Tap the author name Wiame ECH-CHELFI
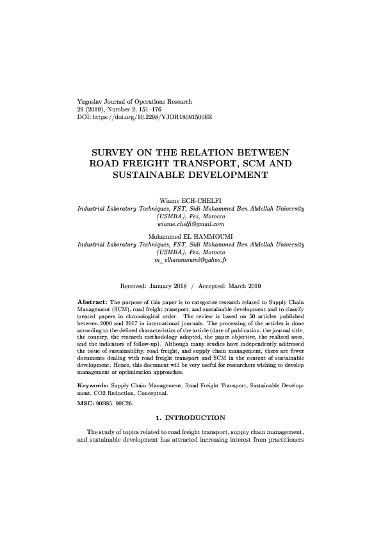coord(190,201)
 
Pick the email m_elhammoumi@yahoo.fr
coord(190,261)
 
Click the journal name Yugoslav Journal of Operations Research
coord(134,102)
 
